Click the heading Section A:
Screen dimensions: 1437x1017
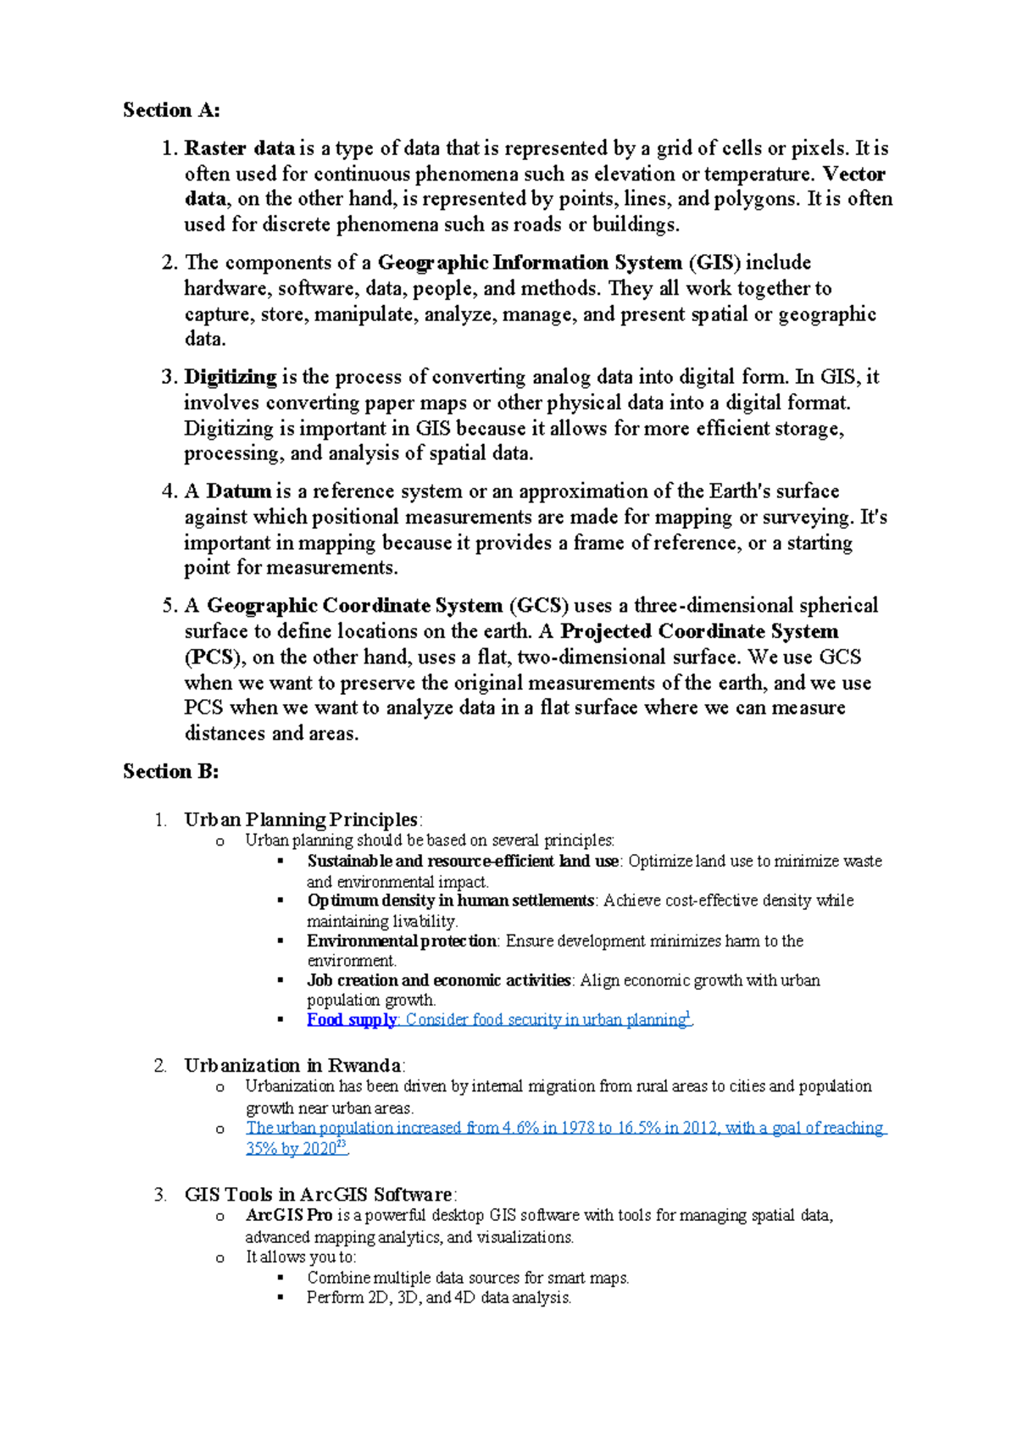[171, 110]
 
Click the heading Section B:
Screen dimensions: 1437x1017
[171, 771]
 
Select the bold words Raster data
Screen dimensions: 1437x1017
[239, 148]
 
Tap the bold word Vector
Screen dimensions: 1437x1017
[854, 174]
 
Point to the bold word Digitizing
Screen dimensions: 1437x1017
[231, 377]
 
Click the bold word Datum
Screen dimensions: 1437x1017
[239, 491]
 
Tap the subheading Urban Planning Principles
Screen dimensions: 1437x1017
[301, 819]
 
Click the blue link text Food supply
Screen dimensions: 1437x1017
[351, 1019]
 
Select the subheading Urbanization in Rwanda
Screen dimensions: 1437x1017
[292, 1065]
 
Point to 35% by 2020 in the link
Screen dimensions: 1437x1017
[293, 1149]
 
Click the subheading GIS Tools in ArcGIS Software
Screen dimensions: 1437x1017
[318, 1195]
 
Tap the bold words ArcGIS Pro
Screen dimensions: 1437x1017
[288, 1215]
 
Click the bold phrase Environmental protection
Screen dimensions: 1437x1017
[401, 940]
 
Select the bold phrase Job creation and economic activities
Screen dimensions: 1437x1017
[438, 980]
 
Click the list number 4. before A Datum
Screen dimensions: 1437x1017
[168, 491]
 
